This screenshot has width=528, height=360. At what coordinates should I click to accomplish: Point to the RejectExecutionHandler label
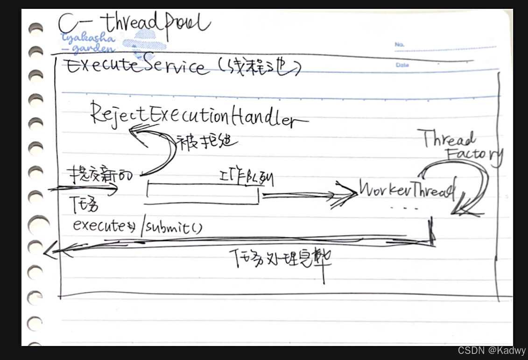[196, 114]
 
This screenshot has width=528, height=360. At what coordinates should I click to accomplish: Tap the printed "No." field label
[399, 45]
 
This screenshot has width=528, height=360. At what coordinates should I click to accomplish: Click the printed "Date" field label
[402, 65]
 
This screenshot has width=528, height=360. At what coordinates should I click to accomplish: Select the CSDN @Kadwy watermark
[492, 350]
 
